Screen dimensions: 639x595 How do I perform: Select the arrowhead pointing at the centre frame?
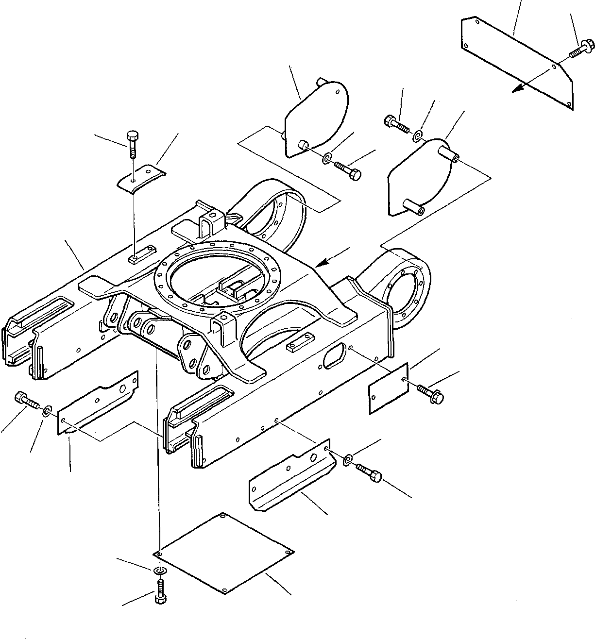321,264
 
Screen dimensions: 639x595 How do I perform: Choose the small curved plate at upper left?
141,178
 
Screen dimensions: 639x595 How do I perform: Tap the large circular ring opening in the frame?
216,277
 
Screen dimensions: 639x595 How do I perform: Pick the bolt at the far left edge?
27,400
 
